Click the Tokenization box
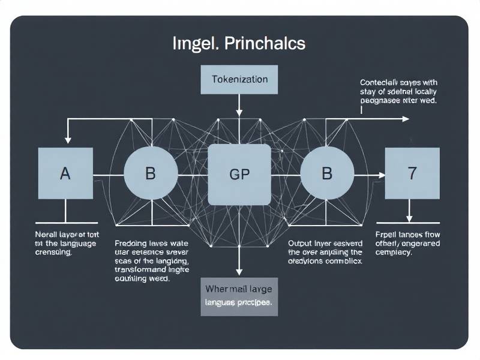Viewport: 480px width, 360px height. pyautogui.click(x=239, y=79)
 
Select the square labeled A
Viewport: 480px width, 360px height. pyautogui.click(x=65, y=173)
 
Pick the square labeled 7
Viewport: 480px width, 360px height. pyautogui.click(x=412, y=173)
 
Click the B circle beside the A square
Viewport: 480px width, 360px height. pyautogui.click(x=151, y=174)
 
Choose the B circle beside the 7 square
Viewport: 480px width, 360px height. pyautogui.click(x=327, y=174)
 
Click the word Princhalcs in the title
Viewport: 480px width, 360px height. pyautogui.click(x=266, y=43)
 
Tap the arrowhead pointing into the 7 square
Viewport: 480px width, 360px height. pyautogui.click(x=381, y=175)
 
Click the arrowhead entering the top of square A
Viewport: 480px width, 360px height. pyautogui.click(x=67, y=143)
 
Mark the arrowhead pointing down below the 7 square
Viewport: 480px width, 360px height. pyautogui.click(x=410, y=220)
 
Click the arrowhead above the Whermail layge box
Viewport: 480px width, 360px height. pyautogui.click(x=239, y=271)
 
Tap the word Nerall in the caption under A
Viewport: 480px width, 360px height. pyautogui.click(x=47, y=234)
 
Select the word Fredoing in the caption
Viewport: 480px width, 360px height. pyautogui.click(x=132, y=244)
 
